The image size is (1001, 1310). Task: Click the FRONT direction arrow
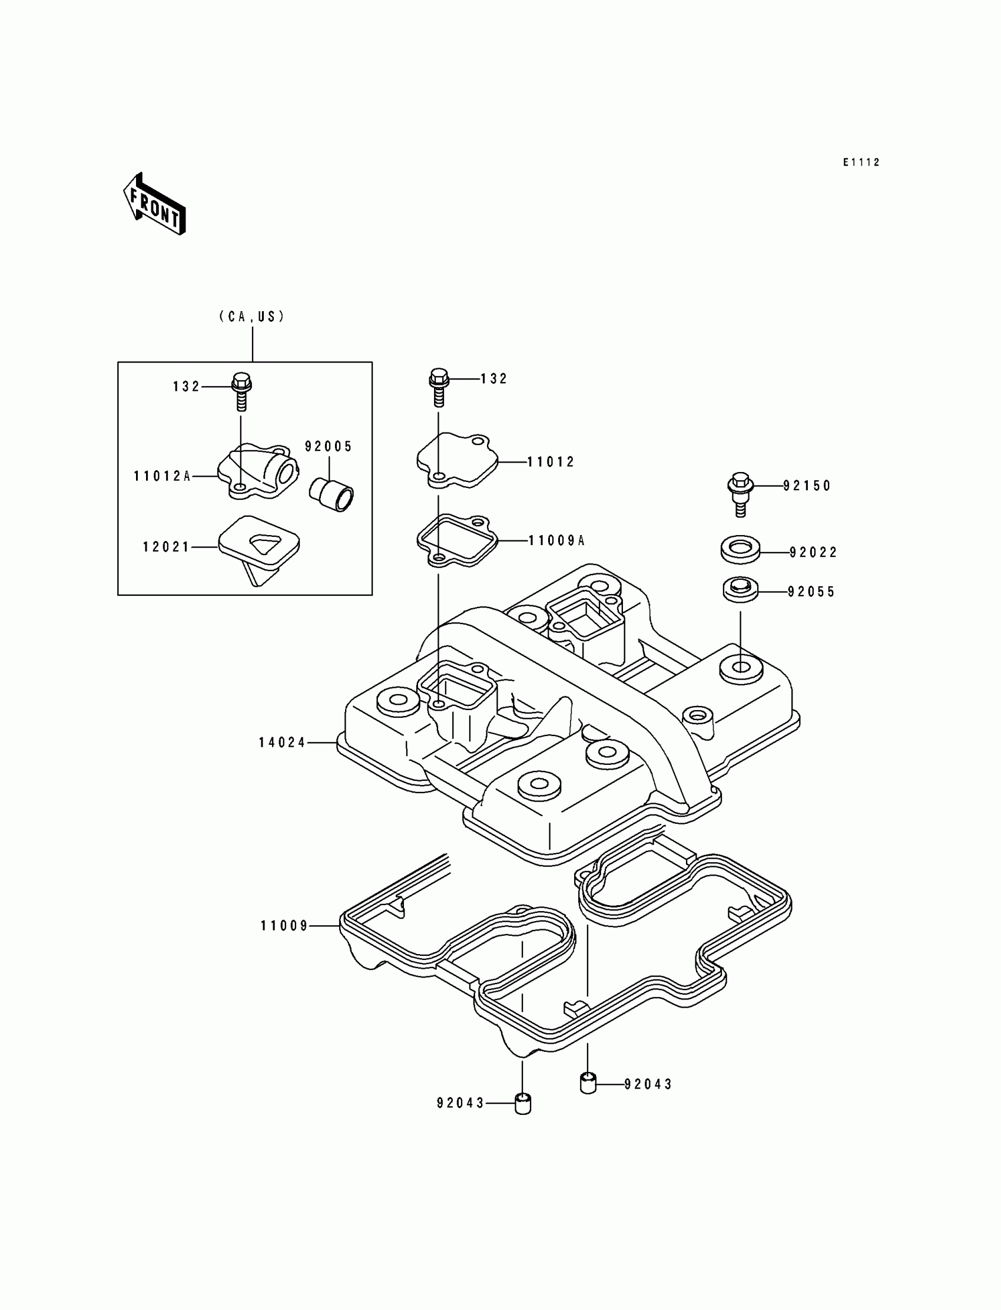[x=154, y=204]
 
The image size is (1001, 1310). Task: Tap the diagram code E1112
[x=861, y=162]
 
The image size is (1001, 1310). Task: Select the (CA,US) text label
[x=251, y=316]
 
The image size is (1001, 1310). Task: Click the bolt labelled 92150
[x=740, y=494]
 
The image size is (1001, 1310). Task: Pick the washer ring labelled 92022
[x=740, y=549]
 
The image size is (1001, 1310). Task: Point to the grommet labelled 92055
[x=740, y=590]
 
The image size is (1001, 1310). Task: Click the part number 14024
[x=282, y=743]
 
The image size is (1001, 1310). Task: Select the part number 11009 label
[x=284, y=926]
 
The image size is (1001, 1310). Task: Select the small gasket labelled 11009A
[x=456, y=540]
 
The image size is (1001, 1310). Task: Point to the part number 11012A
[x=161, y=476]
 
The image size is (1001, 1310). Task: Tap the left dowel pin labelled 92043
[x=522, y=1104]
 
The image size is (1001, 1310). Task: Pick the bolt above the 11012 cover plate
[x=439, y=386]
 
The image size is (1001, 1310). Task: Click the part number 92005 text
[x=329, y=447]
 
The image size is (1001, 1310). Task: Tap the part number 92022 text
[x=813, y=553]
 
